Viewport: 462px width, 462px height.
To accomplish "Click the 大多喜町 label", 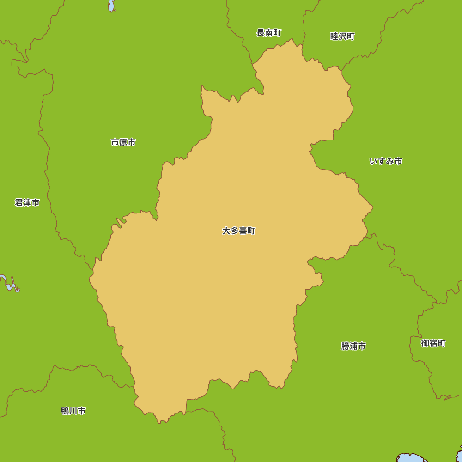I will point(238,231).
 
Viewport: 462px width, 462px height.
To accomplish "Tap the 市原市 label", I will point(123,142).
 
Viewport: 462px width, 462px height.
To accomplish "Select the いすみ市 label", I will point(386,161).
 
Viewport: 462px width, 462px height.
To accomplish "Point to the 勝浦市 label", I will point(353,346).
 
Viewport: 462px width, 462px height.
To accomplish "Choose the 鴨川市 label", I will point(73,411).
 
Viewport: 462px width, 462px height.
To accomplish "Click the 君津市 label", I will point(27,202).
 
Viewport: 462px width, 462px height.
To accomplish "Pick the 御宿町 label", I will point(433,343).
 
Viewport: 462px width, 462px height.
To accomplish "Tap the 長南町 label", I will point(269,33).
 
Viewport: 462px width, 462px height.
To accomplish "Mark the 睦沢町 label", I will point(342,36).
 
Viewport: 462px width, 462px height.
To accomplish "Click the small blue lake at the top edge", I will point(111,6).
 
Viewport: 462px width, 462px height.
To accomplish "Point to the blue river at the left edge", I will point(9,284).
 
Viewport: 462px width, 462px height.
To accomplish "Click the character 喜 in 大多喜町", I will point(243,231).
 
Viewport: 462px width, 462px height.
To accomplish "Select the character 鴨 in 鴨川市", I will point(65,411).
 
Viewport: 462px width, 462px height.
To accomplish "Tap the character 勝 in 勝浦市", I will point(345,346).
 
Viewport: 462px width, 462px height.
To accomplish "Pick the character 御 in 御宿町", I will point(425,343).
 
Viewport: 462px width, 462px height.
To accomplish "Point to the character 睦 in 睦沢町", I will point(334,36).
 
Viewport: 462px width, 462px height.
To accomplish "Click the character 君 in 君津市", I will point(18,202).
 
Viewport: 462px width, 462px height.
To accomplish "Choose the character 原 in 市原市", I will point(123,142).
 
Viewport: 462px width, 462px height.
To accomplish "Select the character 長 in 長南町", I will point(261,33).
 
